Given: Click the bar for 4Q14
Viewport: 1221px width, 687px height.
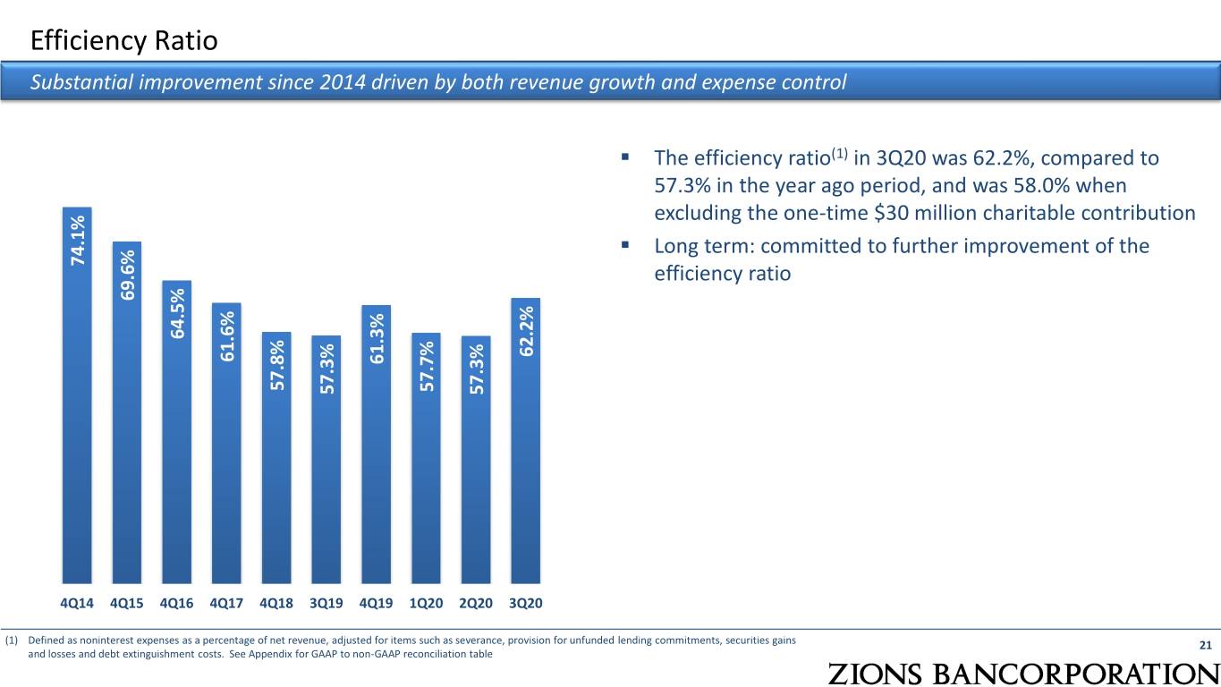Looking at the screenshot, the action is click(77, 395).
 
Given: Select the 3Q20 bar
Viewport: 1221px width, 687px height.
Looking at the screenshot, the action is click(525, 440).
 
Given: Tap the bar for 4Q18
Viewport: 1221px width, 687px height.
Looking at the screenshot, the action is click(276, 457).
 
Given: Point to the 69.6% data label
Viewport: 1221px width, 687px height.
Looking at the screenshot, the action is click(128, 275).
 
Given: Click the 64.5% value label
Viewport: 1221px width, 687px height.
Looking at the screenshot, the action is click(177, 313).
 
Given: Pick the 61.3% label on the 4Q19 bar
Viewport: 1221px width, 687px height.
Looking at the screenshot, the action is click(377, 339).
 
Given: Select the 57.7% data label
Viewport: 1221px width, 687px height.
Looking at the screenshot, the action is click(427, 366).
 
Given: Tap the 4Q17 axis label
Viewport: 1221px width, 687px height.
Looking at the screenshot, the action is click(226, 603).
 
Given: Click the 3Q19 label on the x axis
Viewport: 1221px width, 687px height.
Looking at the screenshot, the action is click(326, 603).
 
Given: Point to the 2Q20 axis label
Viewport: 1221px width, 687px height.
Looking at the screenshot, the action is click(476, 603).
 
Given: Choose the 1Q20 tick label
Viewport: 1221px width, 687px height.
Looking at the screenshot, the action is click(427, 603).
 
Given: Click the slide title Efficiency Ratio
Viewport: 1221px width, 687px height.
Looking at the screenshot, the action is click(124, 41).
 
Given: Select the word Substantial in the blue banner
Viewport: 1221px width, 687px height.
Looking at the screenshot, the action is click(81, 82).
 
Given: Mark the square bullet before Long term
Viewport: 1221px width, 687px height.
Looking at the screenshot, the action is click(625, 245).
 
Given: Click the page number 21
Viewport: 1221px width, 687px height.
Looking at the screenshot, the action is click(1206, 646).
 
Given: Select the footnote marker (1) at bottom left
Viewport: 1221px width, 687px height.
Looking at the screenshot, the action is click(12, 640).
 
